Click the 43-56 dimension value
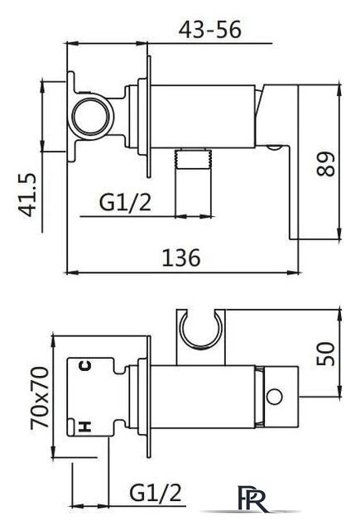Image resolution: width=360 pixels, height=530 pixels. click(x=209, y=30)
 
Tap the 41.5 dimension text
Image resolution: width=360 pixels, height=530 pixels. click(x=26, y=195)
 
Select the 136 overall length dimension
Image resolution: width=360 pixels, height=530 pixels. click(x=181, y=258)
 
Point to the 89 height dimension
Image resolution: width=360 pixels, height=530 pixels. click(x=325, y=164)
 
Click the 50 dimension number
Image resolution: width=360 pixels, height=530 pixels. click(x=325, y=354)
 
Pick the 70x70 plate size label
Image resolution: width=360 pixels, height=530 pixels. click(x=40, y=397)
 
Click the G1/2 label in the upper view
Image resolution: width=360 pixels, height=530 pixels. click(x=125, y=202)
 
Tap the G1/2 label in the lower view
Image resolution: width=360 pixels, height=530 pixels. click(x=156, y=492)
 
